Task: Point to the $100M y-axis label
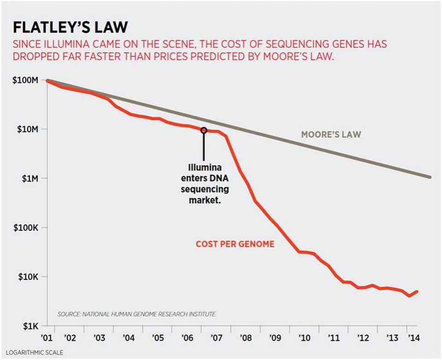(x=25, y=80)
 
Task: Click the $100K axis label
(x=25, y=228)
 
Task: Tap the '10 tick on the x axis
(x=304, y=338)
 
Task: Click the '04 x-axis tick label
(x=129, y=338)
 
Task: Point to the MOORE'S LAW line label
(x=331, y=135)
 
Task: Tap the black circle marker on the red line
(x=204, y=130)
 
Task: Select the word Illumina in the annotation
(x=203, y=167)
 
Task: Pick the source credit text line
(x=137, y=314)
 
